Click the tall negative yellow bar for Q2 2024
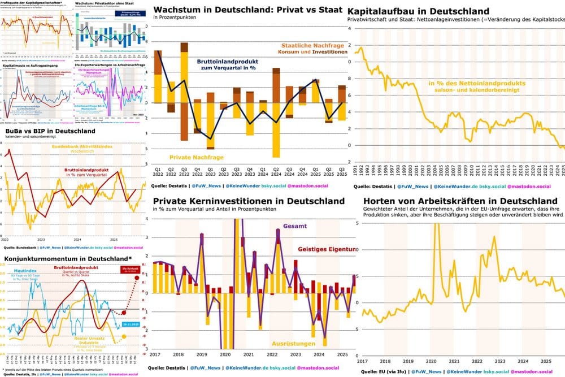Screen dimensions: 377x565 [x=276, y=129]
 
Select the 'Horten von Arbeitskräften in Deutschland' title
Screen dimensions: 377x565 [x=460, y=201]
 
